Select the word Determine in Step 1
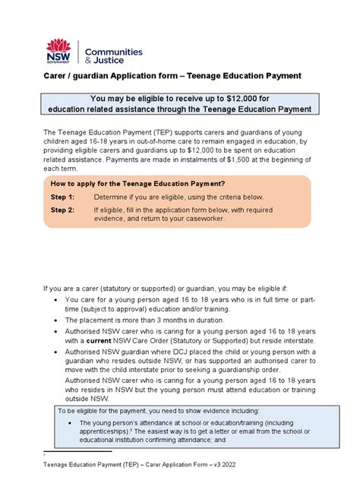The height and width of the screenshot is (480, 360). tap(114, 197)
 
